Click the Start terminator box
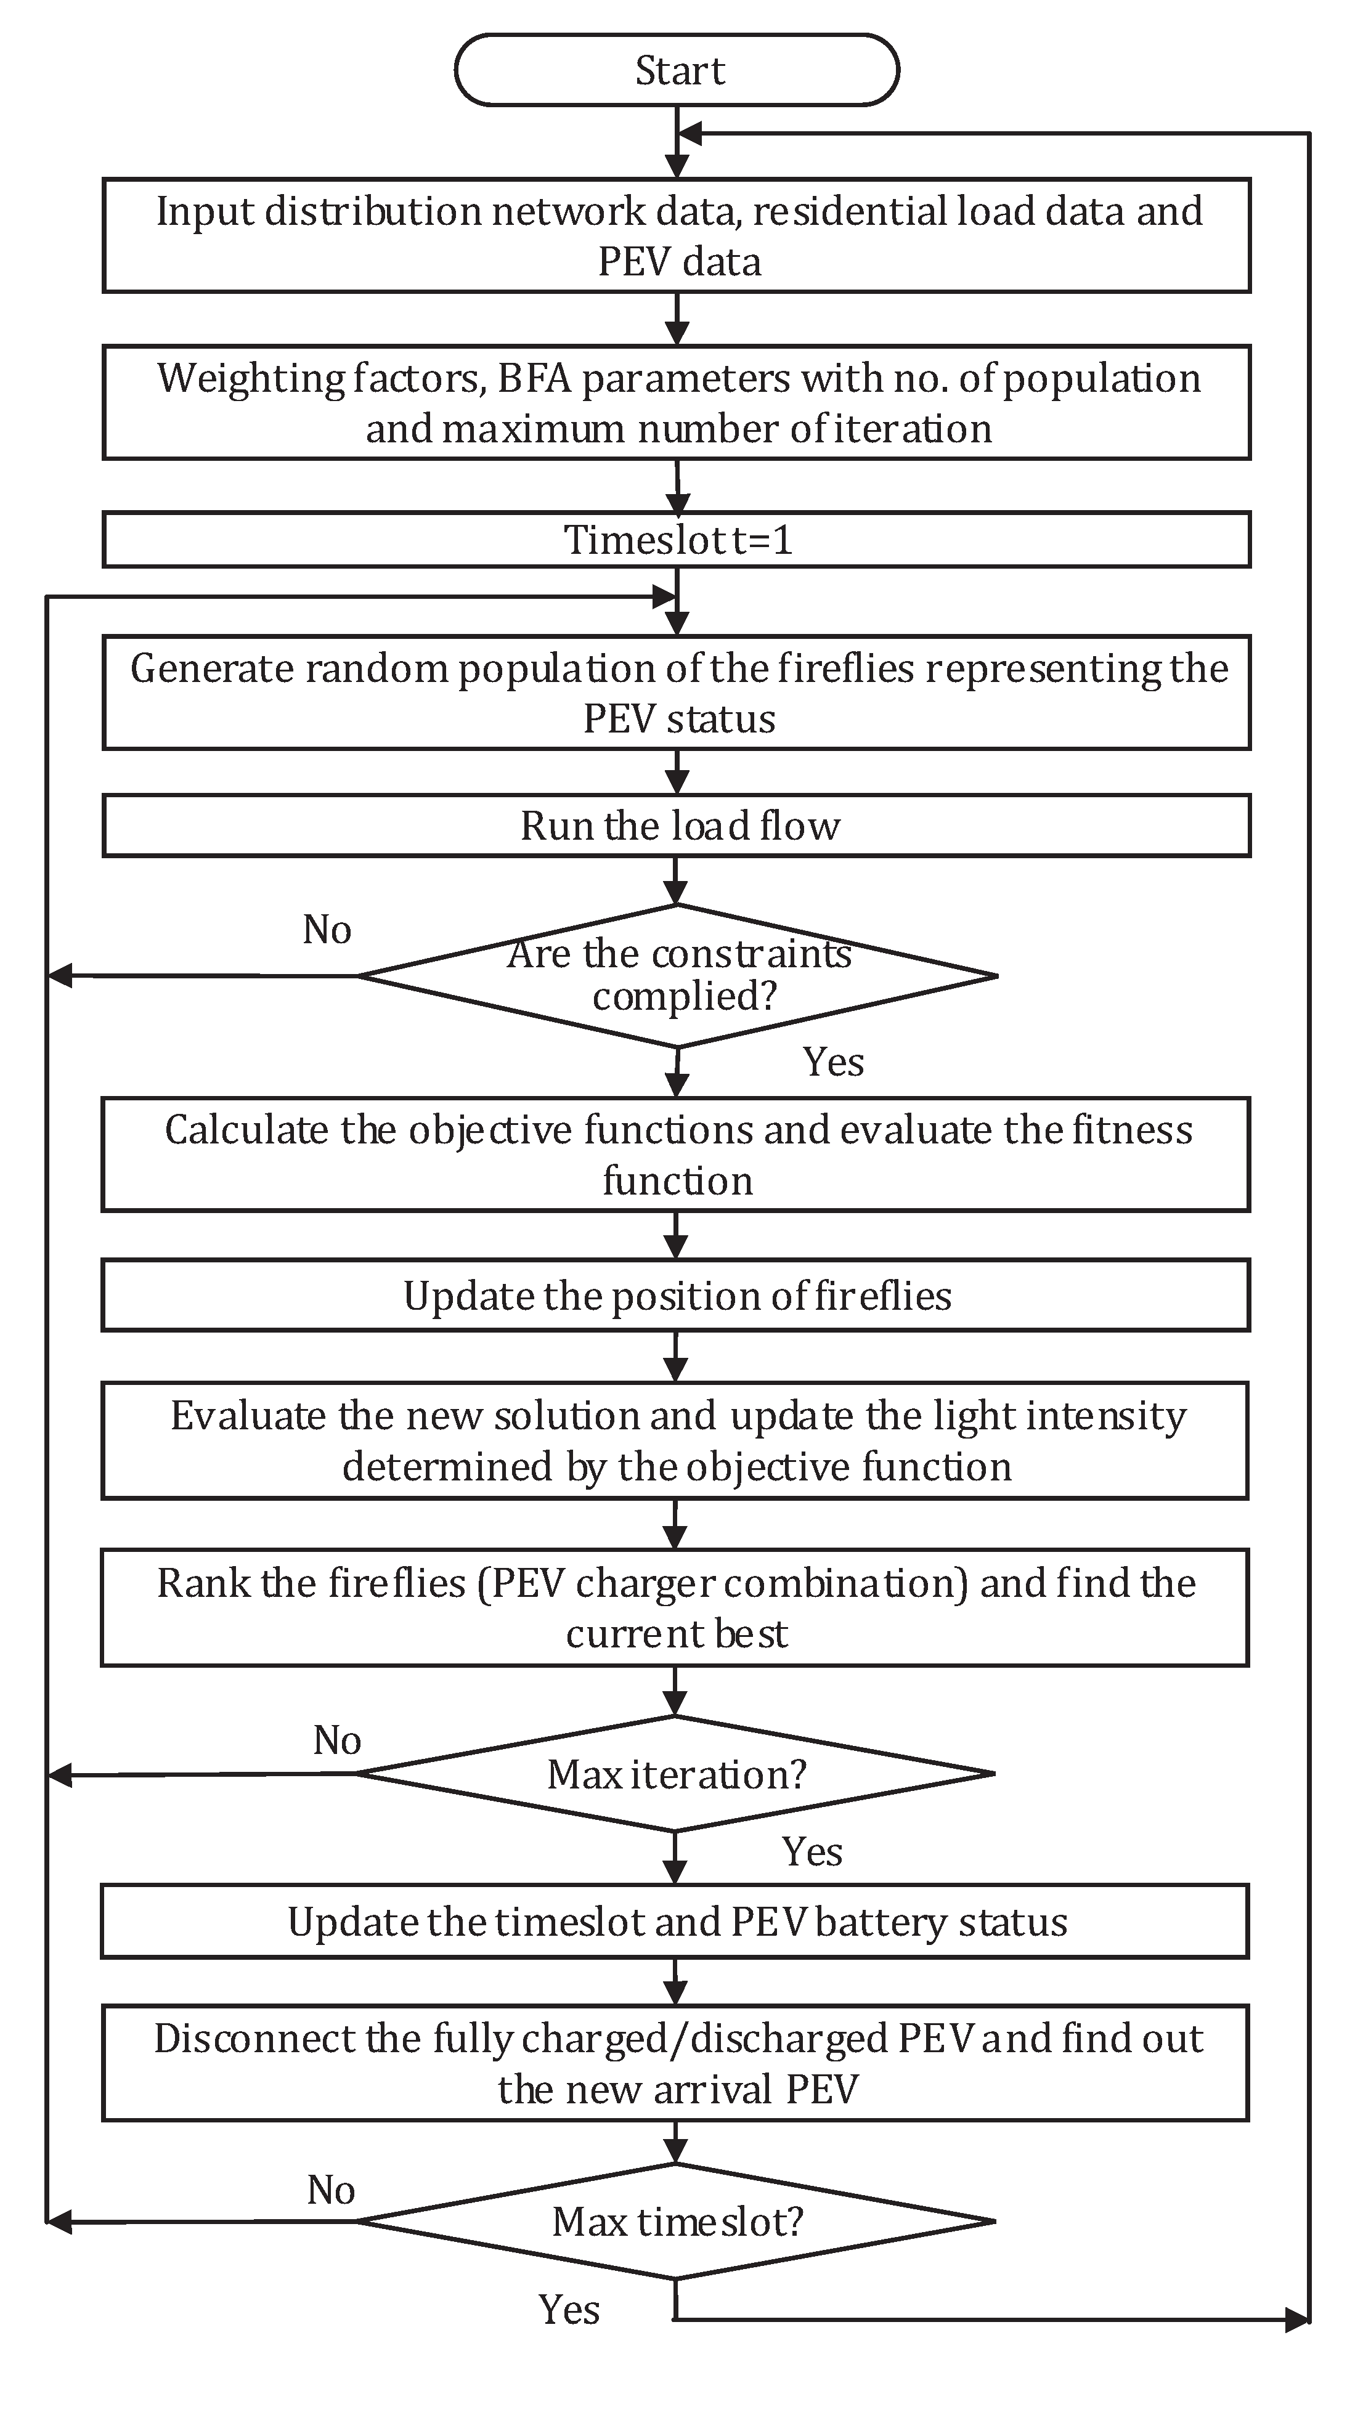click(677, 70)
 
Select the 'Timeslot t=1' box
click(677, 540)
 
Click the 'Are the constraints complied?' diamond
click(677, 976)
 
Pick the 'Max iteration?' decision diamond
click(677, 1774)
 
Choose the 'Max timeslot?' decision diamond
click(677, 2222)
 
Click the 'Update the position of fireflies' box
click(677, 1296)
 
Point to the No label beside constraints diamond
click(327, 930)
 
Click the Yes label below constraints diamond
click(833, 1063)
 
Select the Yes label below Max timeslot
click(569, 2310)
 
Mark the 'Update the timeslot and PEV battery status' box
click(677, 1923)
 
